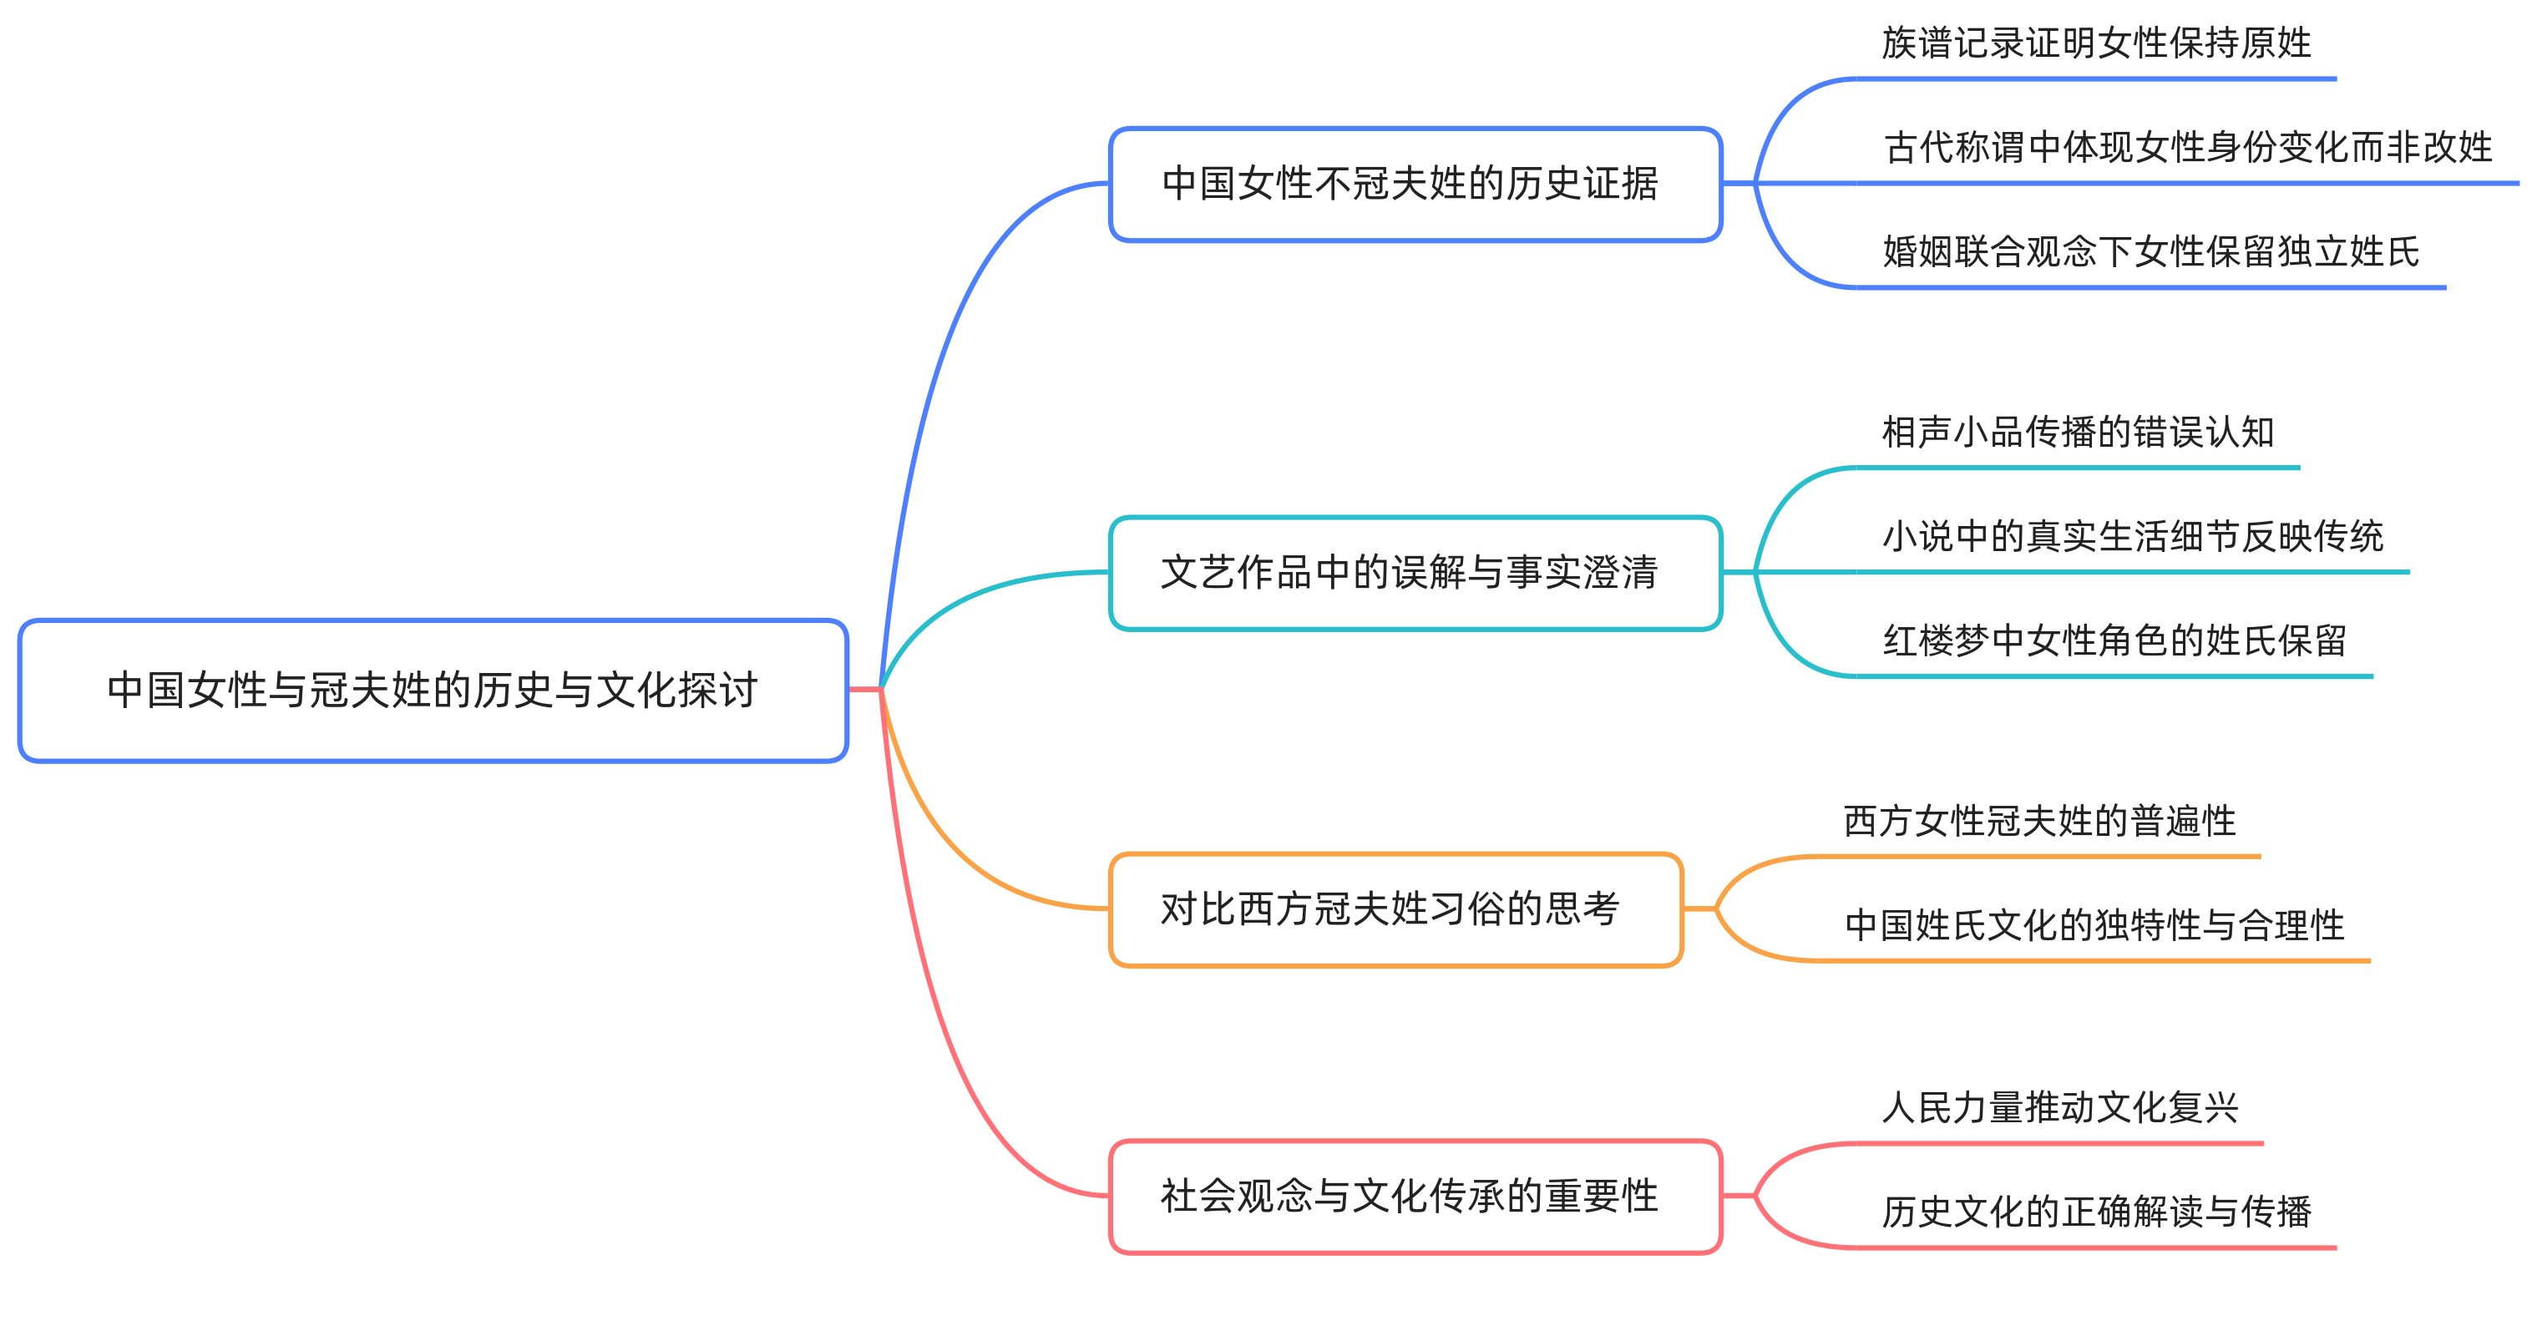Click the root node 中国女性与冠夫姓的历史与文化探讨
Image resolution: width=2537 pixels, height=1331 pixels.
[433, 690]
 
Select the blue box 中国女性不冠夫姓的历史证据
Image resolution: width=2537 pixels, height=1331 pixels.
[1415, 184]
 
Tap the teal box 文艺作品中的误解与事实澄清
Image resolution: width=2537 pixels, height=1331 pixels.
[1415, 573]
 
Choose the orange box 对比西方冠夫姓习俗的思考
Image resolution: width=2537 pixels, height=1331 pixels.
[1395, 908]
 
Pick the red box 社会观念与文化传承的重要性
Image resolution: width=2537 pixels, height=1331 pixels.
[1415, 1196]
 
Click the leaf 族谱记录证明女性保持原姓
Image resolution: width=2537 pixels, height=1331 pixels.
[2096, 43]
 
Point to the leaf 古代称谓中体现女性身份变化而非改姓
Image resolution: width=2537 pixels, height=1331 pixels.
[2187, 148]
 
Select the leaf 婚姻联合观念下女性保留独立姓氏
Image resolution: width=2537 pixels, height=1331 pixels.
[2151, 252]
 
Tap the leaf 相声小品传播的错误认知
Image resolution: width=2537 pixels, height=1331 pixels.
[2078, 433]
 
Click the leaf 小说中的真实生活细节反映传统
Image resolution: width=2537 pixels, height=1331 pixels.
[2132, 537]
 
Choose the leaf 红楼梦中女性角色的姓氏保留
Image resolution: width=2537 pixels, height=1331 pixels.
[2114, 641]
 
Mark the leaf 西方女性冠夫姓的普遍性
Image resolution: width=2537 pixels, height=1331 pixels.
[2038, 821]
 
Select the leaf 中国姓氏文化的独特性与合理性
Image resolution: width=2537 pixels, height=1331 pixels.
[2094, 925]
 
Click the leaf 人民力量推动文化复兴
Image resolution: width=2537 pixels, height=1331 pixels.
[2059, 1107]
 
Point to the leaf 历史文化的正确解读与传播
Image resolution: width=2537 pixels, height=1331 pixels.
[2096, 1212]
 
